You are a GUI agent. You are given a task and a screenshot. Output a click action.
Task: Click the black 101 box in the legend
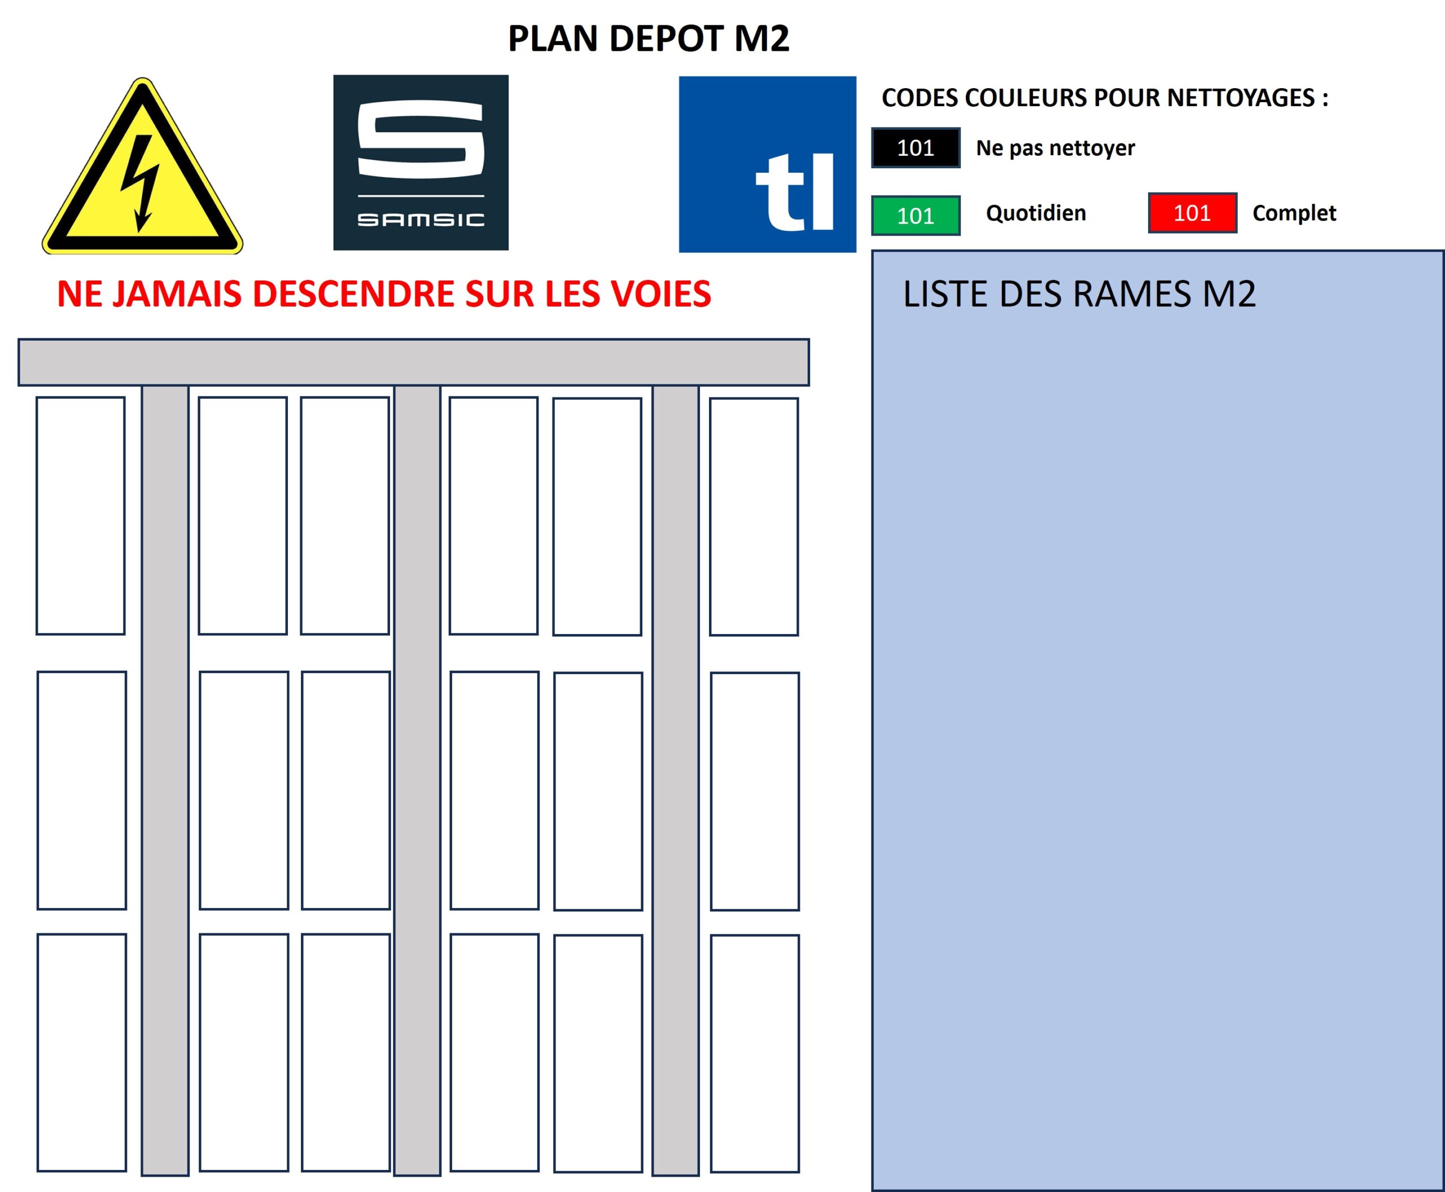[x=915, y=147]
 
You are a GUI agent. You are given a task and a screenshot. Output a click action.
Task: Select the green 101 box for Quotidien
[x=915, y=216]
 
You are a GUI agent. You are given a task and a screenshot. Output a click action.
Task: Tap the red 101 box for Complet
[x=1192, y=213]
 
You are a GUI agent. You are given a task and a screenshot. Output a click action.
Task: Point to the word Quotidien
[x=1035, y=213]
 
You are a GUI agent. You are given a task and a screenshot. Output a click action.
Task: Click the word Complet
[x=1293, y=213]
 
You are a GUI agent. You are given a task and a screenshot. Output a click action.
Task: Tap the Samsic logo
[x=421, y=163]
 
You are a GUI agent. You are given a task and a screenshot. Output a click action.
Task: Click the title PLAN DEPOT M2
[x=648, y=38]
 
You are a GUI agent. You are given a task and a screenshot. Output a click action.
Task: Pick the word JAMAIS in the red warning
[x=177, y=294]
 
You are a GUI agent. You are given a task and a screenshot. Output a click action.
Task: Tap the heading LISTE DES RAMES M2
[x=1079, y=294]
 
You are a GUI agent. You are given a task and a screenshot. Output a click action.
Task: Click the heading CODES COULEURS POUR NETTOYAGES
[x=1104, y=98]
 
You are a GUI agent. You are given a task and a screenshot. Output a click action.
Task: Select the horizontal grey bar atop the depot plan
[x=413, y=362]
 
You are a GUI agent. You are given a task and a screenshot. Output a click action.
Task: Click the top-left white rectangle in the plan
[x=80, y=516]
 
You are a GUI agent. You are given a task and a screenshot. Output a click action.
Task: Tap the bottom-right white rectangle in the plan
[x=755, y=1053]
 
